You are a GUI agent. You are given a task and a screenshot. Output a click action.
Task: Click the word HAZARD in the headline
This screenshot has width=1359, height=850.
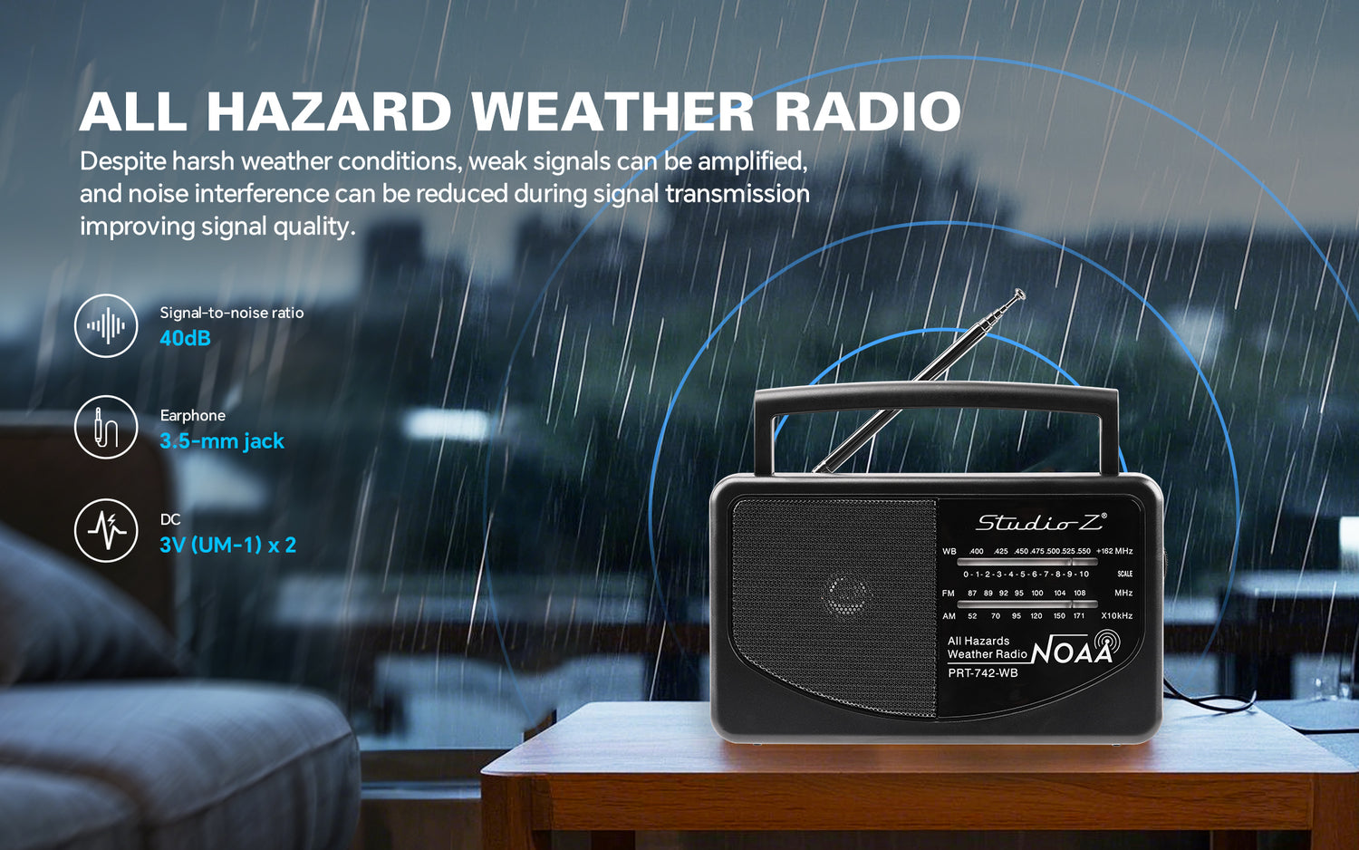point(328,111)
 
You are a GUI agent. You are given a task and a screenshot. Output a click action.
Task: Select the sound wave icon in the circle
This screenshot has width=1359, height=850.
point(106,326)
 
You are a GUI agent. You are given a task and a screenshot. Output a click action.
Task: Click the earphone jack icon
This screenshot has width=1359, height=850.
point(106,427)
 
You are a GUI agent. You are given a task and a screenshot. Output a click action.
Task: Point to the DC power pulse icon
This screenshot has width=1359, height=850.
point(106,531)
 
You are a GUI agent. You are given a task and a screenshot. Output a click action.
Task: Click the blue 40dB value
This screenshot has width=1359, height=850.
point(185,338)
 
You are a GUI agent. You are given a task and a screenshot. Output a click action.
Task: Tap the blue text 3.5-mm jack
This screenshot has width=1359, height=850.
point(222,441)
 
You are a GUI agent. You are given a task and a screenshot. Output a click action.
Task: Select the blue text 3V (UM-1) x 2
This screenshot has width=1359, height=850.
point(228,545)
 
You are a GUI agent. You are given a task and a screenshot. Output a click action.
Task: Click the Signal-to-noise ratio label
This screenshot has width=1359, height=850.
point(232,313)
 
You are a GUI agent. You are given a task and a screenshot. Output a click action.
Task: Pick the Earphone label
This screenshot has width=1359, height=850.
point(193,416)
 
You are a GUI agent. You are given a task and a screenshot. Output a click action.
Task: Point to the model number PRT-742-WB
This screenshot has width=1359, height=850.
point(983,672)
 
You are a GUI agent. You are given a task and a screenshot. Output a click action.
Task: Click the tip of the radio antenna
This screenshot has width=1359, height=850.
point(1019,295)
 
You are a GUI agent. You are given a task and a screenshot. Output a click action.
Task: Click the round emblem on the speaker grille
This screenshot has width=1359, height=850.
point(847,596)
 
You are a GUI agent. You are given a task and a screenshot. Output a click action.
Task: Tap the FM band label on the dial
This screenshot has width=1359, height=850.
point(949,593)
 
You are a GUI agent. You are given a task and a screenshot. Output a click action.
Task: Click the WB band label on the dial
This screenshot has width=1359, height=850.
point(949,552)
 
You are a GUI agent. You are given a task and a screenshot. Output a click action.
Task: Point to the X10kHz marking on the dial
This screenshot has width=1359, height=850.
point(1117,616)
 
